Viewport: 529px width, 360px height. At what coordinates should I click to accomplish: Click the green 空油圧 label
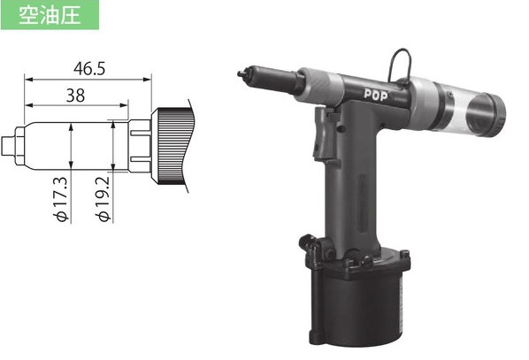[50, 15]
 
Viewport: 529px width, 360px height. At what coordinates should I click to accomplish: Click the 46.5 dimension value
[89, 69]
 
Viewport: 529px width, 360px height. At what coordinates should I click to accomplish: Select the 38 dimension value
[75, 96]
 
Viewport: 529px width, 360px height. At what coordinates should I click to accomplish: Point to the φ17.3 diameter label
[62, 199]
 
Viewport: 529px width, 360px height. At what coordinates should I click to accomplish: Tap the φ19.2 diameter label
[103, 199]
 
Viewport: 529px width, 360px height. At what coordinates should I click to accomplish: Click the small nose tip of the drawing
[7, 146]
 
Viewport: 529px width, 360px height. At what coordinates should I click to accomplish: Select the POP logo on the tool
[375, 96]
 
